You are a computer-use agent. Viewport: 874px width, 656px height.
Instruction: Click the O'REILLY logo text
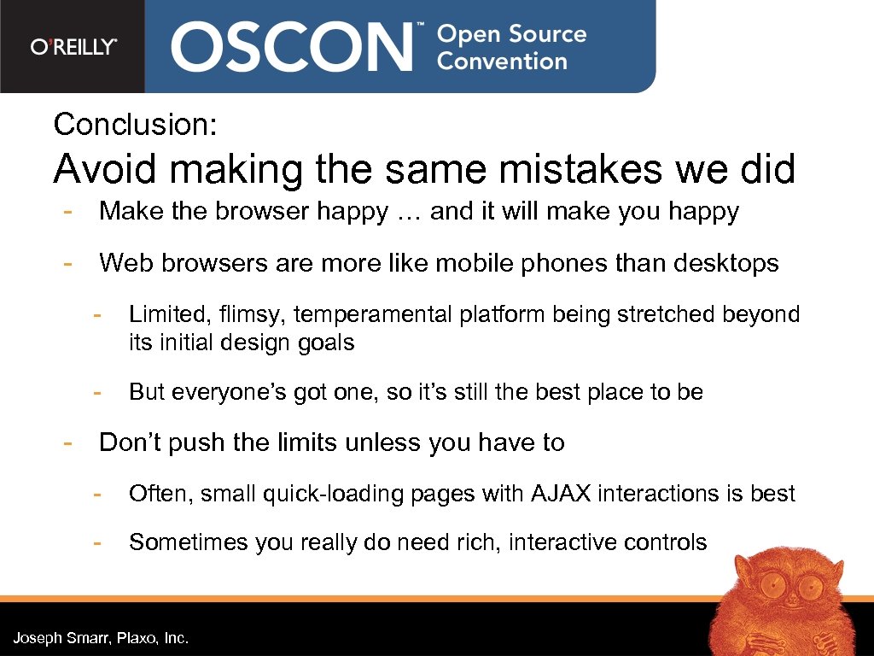click(73, 47)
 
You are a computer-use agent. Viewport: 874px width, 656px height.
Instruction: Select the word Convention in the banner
click(502, 61)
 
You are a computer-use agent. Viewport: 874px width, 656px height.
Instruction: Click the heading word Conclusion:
click(136, 125)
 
